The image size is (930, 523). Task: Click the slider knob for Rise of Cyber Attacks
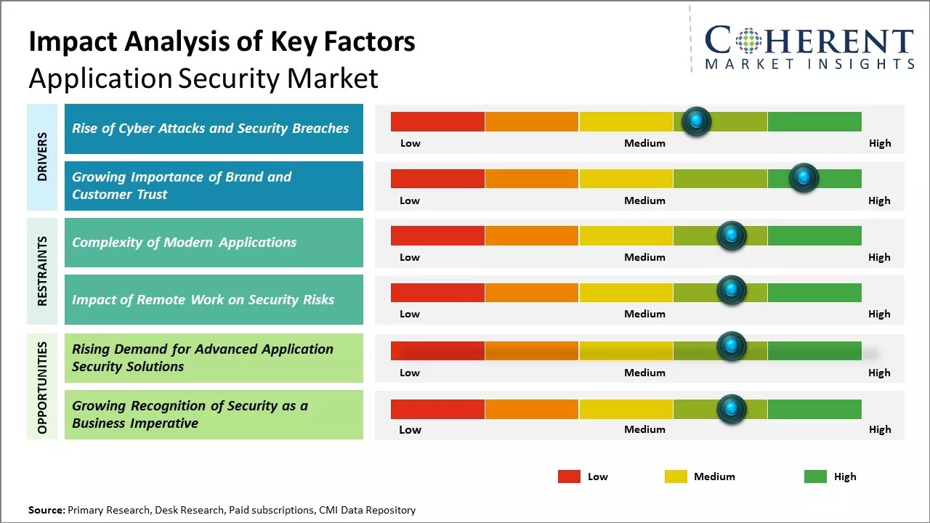[x=697, y=121]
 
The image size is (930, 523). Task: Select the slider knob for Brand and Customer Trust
[x=804, y=178]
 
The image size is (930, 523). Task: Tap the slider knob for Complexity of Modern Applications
[x=732, y=235]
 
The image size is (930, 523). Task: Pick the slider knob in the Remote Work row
[x=732, y=291]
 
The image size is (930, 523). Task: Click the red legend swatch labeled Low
[x=569, y=477]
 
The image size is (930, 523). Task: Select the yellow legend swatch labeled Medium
[x=676, y=477]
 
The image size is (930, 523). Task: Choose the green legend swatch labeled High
[x=815, y=477]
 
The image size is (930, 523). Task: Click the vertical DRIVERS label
[x=42, y=157]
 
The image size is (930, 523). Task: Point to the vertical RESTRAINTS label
[x=42, y=271]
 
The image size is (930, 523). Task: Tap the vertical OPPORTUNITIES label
[x=42, y=388]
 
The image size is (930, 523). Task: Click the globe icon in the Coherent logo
[x=748, y=41]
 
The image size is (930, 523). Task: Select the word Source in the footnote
[x=46, y=511]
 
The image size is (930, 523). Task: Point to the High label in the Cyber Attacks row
[x=880, y=143]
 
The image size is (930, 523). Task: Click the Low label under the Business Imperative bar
[x=410, y=429]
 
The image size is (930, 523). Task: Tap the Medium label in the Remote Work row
[x=644, y=314]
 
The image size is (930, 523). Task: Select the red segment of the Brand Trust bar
[x=437, y=179]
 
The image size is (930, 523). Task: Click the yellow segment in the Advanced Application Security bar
[x=626, y=351]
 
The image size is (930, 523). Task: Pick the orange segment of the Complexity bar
[x=532, y=235]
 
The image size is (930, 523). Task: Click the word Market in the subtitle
[x=332, y=78]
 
